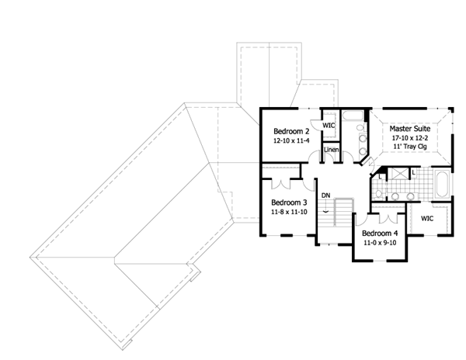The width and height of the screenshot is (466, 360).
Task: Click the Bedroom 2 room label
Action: point(291,131)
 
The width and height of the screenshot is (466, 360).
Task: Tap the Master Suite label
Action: point(410,129)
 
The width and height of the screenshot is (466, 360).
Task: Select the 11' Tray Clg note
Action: point(410,147)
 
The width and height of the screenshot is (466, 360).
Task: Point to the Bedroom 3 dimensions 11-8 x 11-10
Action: point(289,212)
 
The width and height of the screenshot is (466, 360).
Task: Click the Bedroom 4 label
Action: point(380,234)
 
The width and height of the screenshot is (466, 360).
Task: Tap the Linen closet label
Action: point(332,150)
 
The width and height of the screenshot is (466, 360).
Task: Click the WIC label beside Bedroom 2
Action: point(329,126)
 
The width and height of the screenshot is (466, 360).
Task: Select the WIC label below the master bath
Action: point(427,219)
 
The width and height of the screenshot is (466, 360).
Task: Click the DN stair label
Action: point(326,196)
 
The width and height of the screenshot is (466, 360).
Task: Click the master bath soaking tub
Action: point(442,184)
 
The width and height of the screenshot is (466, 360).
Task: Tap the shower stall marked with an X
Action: point(399,173)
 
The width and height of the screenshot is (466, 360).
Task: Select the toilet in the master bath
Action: point(378,195)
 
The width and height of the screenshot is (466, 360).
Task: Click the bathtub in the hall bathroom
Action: point(353,116)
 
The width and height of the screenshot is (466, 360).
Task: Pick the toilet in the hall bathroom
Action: point(361,128)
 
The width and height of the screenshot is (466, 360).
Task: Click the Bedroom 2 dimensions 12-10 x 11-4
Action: point(291,140)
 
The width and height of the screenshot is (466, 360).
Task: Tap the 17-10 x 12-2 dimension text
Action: point(410,138)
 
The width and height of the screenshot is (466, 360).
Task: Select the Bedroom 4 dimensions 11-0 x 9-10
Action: point(380,243)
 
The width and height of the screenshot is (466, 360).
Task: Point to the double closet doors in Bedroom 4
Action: point(389,219)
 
